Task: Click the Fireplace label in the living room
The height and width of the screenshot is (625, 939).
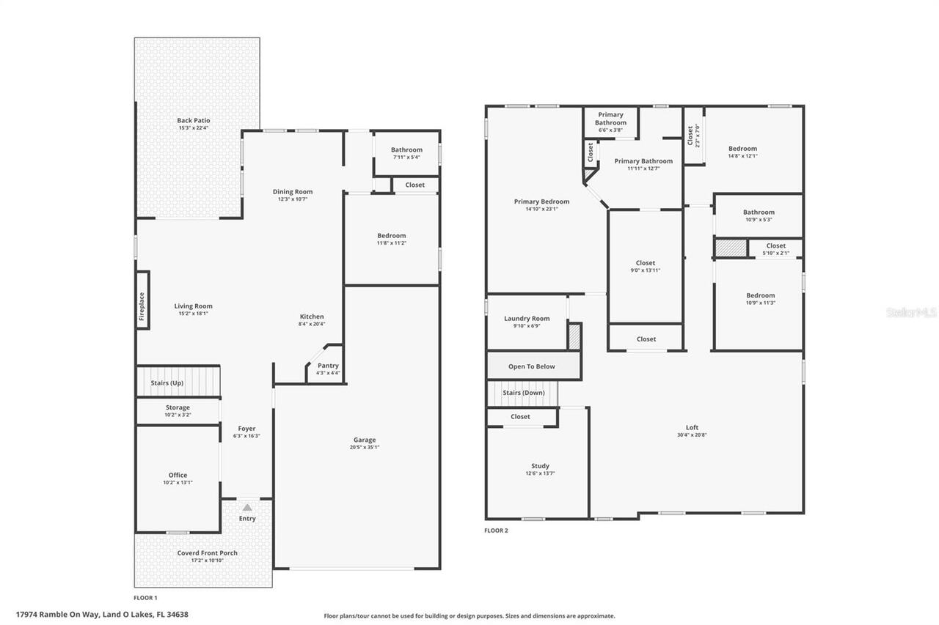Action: (x=142, y=307)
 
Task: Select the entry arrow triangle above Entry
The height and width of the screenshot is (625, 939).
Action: (x=247, y=507)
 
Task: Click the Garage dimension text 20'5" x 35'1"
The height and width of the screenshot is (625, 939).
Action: (x=364, y=447)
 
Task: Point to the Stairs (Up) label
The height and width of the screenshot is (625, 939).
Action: (x=167, y=383)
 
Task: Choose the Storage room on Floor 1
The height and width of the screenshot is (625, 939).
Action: (x=178, y=410)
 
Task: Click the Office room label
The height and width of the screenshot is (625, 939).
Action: (x=178, y=475)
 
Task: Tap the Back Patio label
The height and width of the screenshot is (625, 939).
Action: (x=194, y=120)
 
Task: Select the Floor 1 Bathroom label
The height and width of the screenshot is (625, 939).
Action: (x=406, y=149)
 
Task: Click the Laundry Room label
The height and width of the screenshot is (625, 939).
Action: (x=527, y=319)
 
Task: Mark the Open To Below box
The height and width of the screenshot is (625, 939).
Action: (x=532, y=366)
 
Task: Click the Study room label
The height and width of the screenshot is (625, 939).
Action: (x=540, y=466)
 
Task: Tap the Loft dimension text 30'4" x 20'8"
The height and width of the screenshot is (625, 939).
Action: (x=692, y=434)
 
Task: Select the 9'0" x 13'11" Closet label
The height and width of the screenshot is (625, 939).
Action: (x=646, y=263)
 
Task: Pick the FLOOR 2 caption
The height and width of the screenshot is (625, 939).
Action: (x=496, y=530)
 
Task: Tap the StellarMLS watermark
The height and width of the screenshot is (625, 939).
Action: (x=911, y=312)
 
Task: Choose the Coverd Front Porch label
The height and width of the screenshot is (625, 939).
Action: (x=207, y=553)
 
